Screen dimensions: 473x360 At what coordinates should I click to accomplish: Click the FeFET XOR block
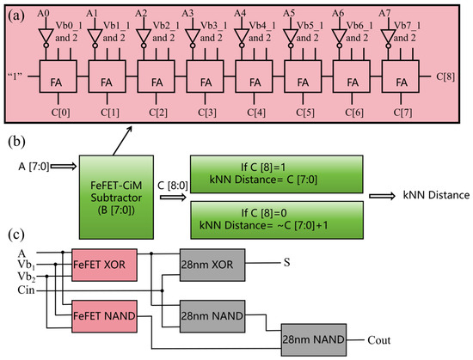coord(104,265)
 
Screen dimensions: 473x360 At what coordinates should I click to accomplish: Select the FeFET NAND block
coord(104,316)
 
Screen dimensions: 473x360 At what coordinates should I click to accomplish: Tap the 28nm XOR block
coord(212,265)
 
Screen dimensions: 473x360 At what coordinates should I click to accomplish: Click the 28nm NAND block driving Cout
coord(314,340)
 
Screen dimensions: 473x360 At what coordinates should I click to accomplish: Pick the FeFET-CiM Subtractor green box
coord(116,198)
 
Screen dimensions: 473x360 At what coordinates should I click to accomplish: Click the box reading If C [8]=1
coord(277,174)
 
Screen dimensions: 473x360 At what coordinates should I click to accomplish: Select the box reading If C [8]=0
coord(277,220)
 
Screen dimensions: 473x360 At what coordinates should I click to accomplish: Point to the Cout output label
coord(379,340)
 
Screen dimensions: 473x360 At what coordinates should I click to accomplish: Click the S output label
coord(286,262)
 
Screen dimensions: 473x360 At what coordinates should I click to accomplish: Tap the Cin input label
coord(26,290)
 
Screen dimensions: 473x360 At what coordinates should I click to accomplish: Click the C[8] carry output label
coord(445,76)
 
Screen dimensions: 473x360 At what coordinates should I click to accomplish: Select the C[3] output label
coord(207,113)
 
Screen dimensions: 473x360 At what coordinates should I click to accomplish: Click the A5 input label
coord(289,13)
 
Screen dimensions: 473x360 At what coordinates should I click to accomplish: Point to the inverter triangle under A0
coord(46,36)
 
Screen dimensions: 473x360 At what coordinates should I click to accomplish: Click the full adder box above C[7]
coord(400,76)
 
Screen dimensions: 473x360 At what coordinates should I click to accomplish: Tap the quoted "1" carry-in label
coord(15,76)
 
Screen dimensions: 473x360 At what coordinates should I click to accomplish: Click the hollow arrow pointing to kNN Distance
coord(382,196)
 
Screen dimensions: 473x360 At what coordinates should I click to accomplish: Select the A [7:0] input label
coord(34,166)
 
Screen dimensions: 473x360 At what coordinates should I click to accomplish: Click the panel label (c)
coord(16,235)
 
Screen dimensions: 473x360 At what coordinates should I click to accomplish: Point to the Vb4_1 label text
coord(262,26)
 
